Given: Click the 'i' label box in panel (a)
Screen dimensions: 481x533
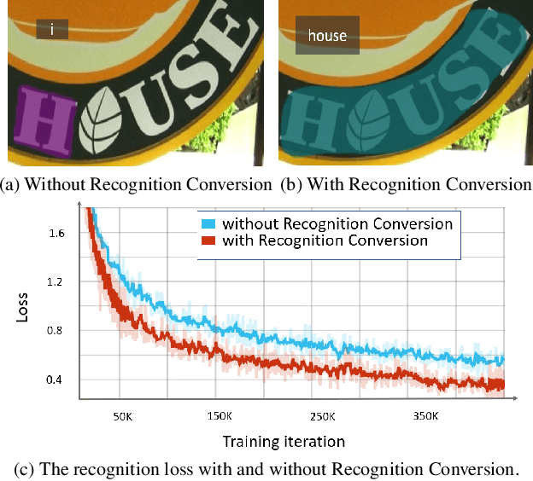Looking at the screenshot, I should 53,31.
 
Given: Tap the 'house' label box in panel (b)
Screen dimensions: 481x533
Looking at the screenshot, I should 327,37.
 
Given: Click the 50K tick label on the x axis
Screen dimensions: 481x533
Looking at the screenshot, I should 122,417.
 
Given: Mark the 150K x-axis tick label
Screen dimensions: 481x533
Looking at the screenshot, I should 220,417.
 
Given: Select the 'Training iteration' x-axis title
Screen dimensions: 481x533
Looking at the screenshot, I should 284,442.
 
